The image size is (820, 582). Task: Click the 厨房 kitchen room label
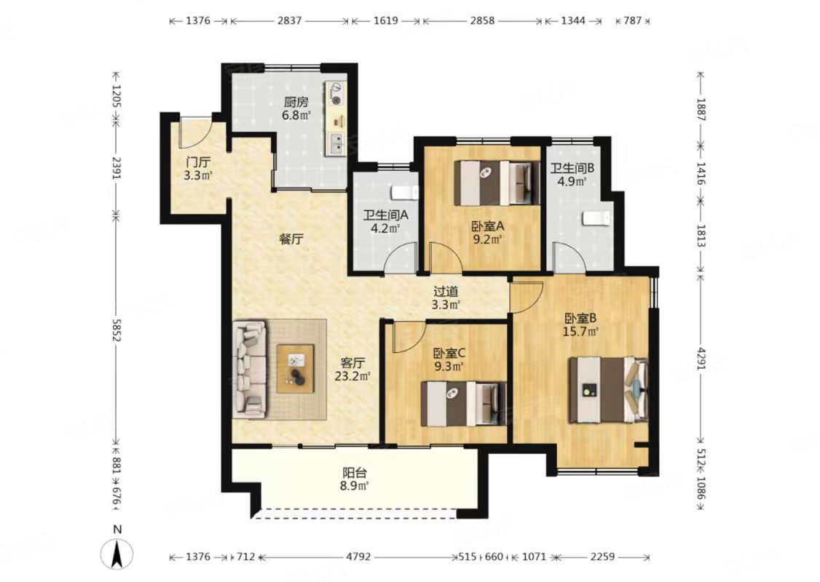296,102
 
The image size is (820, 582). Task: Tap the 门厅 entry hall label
197,162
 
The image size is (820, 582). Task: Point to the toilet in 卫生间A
406,192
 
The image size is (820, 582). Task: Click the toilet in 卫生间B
596,218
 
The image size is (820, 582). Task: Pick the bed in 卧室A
497,183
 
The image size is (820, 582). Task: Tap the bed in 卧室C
464,404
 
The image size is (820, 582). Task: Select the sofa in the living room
250,370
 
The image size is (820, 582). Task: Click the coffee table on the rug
296,368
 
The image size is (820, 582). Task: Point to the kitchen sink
335,143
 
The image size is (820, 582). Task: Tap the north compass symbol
118,552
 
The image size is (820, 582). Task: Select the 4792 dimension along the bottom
358,557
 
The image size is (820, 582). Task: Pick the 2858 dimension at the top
481,21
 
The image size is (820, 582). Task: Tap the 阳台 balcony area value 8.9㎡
355,485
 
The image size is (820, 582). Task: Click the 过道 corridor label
446,292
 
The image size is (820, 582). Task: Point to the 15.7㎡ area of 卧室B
580,331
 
